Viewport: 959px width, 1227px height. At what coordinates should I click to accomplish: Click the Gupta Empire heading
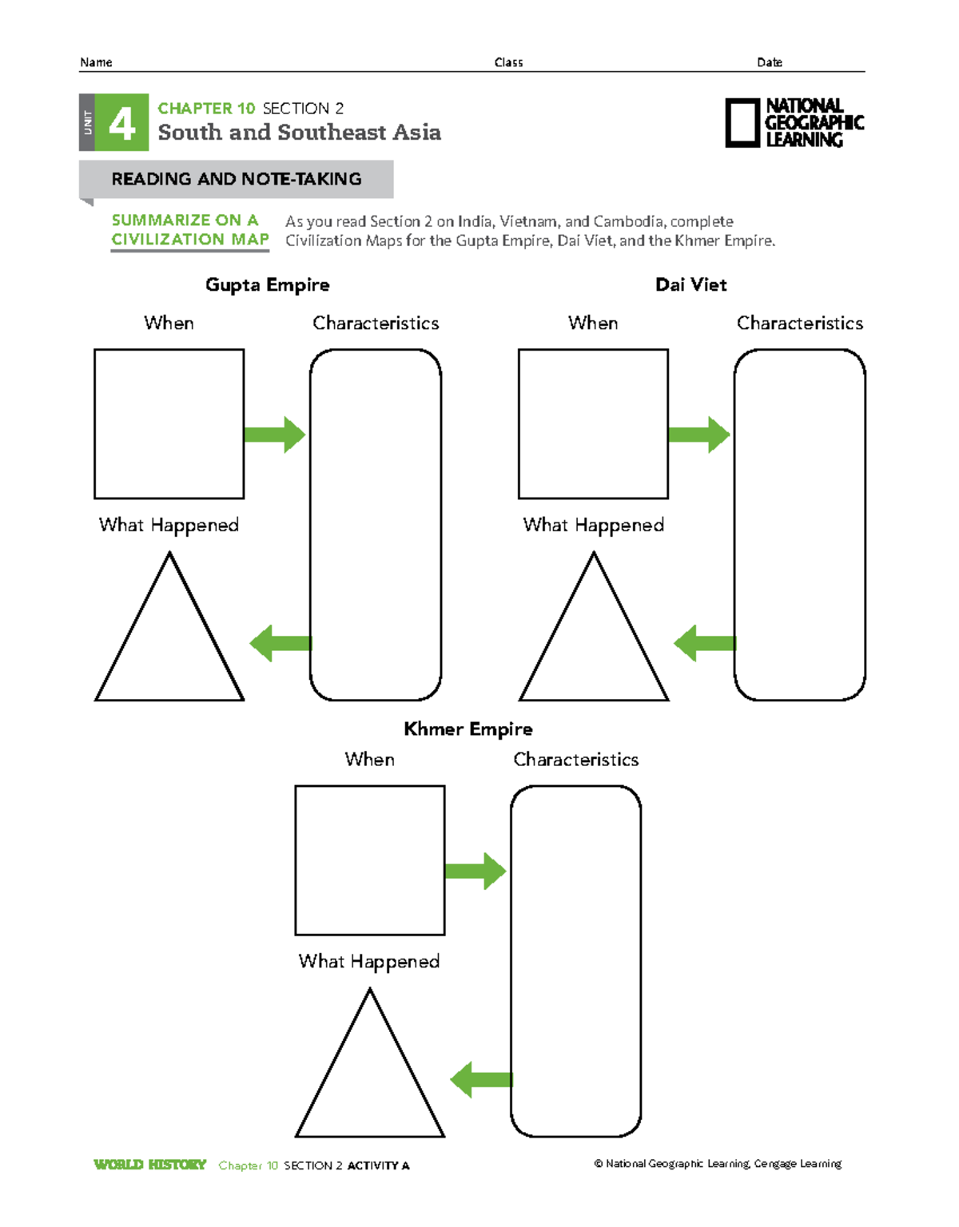pyautogui.click(x=267, y=285)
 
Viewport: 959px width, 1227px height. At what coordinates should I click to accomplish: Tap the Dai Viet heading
pyautogui.click(x=690, y=285)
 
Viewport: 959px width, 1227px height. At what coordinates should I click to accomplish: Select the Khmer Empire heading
pyautogui.click(x=468, y=729)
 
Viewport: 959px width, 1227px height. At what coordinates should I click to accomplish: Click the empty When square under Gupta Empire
pyautogui.click(x=169, y=423)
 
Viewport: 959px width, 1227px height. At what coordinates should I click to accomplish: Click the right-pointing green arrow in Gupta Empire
pyautogui.click(x=274, y=435)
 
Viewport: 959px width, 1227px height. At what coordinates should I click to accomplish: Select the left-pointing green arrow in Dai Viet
pyautogui.click(x=704, y=643)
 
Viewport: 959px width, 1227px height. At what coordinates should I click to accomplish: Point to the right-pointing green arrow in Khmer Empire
pyautogui.click(x=475, y=871)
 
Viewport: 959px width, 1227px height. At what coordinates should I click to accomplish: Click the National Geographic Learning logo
pyautogui.click(x=794, y=123)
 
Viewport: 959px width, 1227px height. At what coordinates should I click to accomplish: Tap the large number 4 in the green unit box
pyautogui.click(x=121, y=123)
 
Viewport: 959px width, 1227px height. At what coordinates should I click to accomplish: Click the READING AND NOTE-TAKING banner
pyautogui.click(x=236, y=179)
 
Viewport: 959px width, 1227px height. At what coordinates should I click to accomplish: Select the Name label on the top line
pyautogui.click(x=96, y=62)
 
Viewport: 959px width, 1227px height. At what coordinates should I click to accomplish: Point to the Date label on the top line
pyautogui.click(x=770, y=62)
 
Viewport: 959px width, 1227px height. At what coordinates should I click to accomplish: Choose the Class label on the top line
pyautogui.click(x=508, y=62)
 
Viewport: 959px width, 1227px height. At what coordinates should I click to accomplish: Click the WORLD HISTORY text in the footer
pyautogui.click(x=149, y=1165)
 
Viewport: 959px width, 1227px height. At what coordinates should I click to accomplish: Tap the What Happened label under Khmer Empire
pyautogui.click(x=369, y=961)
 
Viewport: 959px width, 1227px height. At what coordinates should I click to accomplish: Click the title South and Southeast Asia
pyautogui.click(x=299, y=133)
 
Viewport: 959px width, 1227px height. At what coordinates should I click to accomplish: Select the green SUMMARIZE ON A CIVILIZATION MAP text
pyautogui.click(x=190, y=230)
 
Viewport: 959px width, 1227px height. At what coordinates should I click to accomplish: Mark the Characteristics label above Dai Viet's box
pyautogui.click(x=800, y=323)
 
